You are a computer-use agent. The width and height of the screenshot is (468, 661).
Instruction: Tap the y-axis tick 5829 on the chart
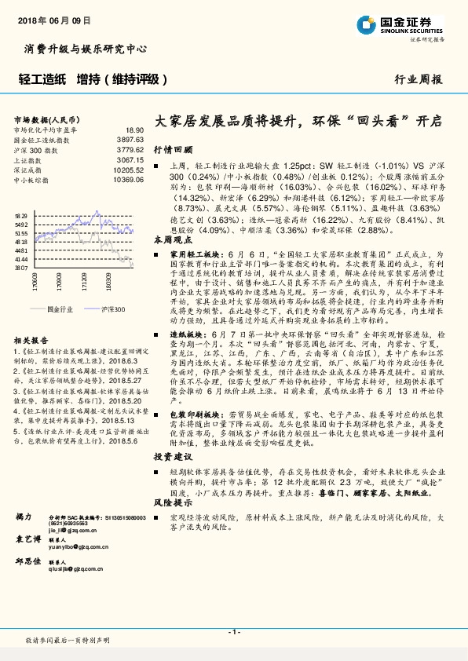click(21, 214)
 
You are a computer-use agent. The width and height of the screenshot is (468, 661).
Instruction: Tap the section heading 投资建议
click(173, 455)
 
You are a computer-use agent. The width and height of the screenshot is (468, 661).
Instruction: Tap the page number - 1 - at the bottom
click(233, 631)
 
